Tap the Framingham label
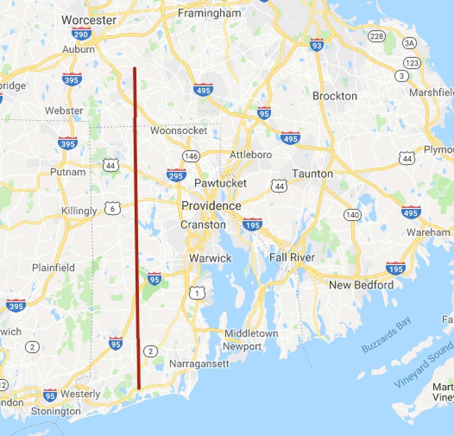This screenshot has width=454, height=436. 209,13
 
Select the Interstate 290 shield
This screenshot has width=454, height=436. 81,34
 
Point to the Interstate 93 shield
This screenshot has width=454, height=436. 316,45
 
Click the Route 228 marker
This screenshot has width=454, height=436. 376,36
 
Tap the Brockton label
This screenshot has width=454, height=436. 334,96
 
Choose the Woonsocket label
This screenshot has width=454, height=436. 179,131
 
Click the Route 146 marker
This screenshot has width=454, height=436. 191,156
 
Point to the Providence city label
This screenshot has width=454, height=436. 211,206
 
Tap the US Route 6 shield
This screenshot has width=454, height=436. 113,209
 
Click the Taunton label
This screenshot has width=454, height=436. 312,174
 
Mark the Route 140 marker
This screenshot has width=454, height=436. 352,215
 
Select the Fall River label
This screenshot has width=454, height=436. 292,258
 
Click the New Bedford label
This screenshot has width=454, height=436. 361,285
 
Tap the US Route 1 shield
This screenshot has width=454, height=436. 197,293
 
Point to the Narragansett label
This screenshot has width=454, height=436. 199,364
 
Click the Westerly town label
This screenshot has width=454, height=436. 80,394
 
